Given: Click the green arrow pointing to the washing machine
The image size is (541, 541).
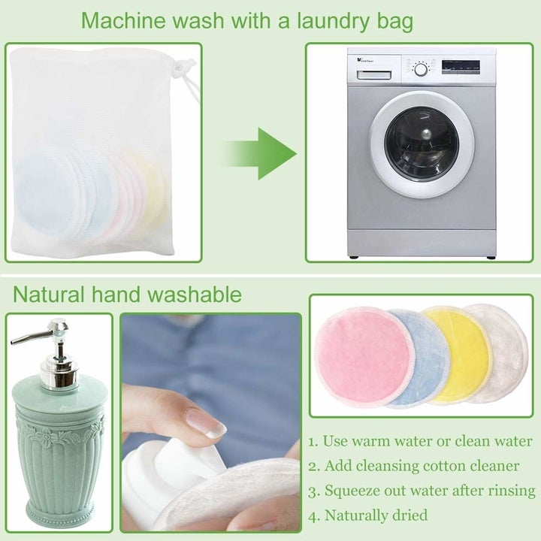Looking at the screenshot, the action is coord(259,154).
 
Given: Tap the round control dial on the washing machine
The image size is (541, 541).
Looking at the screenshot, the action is coord(421,69).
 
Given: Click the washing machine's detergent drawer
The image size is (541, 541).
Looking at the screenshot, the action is coord(373,75).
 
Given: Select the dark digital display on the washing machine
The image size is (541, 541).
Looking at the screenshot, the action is coord(461,65).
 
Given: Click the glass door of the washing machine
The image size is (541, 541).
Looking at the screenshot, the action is coord(422,144).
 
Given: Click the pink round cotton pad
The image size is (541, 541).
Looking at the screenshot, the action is coord(363,357).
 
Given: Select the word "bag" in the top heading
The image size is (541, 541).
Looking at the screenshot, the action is coord(395,23).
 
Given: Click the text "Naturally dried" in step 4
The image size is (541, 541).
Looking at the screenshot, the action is coord(376,515).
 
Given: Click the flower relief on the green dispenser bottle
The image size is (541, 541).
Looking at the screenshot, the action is coord(46,438).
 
